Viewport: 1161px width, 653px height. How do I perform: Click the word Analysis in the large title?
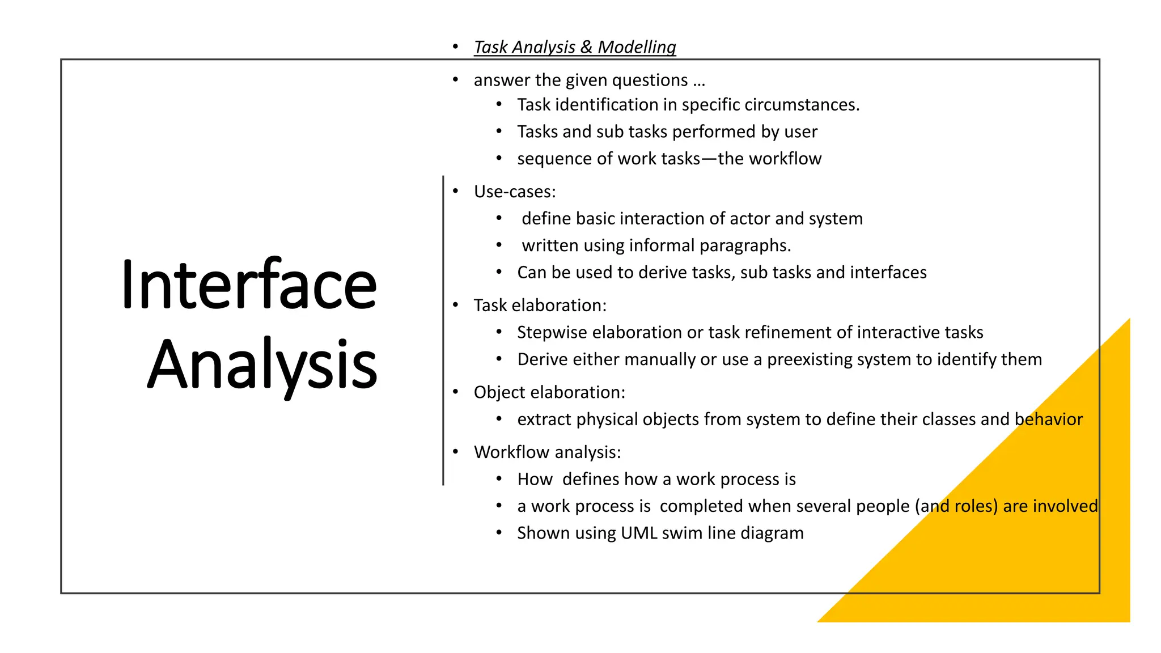(262, 364)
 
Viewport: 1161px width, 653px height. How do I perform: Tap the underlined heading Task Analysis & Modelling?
(574, 47)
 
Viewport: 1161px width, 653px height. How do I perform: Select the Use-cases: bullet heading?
(514, 192)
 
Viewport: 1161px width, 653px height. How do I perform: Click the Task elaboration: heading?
(540, 306)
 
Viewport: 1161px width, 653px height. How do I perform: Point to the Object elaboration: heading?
(549, 392)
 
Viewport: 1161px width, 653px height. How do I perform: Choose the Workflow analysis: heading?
(547, 452)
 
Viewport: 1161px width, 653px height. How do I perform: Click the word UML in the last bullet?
(639, 533)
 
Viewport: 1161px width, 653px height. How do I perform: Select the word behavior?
(1048, 419)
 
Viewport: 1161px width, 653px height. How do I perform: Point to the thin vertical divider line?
(443, 329)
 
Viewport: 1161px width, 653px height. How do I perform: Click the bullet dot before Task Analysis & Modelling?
(455, 46)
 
